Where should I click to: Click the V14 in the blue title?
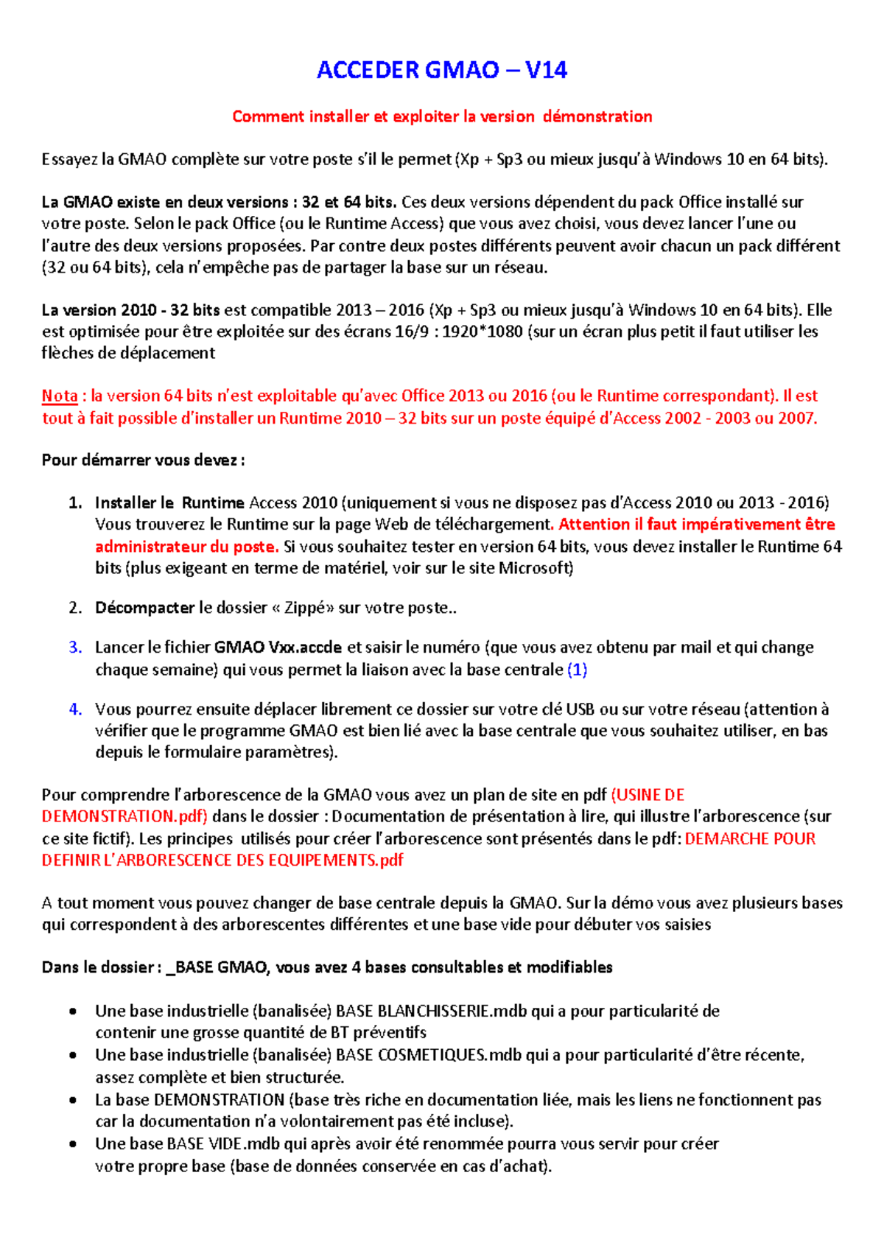click(x=546, y=71)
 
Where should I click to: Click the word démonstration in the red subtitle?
click(x=597, y=116)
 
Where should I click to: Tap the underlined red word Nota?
click(x=59, y=396)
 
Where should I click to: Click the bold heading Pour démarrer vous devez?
click(x=143, y=460)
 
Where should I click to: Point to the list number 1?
click(x=74, y=503)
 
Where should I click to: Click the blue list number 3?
click(x=74, y=648)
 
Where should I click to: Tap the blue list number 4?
click(x=74, y=709)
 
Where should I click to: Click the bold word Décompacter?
click(x=144, y=608)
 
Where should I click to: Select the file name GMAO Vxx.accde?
click(x=278, y=648)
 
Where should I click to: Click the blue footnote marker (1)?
click(x=578, y=670)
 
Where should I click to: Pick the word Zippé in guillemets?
click(x=306, y=608)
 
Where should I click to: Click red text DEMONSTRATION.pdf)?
click(x=124, y=816)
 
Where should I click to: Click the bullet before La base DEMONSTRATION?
click(x=73, y=1100)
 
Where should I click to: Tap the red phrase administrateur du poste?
click(x=186, y=547)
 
